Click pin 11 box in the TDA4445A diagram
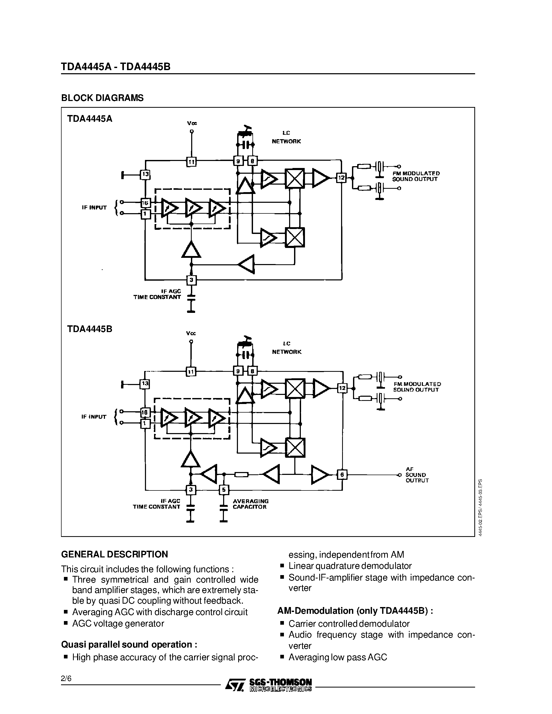[191, 161]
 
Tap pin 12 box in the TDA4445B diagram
[342, 388]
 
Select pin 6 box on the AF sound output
[342, 474]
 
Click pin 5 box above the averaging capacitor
[224, 490]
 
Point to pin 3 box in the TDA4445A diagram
[191, 280]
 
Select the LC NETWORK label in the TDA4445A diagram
[286, 137]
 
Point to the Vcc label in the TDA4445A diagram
[192, 123]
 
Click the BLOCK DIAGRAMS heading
[102, 98]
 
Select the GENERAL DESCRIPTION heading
[115, 554]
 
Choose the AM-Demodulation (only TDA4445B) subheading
[355, 611]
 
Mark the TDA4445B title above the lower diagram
[90, 329]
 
